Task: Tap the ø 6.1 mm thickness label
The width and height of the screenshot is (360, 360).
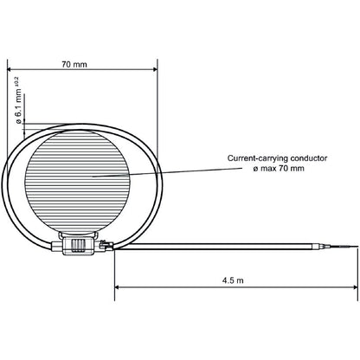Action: (x=19, y=106)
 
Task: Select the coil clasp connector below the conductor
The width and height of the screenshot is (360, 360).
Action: (x=79, y=246)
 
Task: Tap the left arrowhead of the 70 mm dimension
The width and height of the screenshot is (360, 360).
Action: (x=10, y=72)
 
